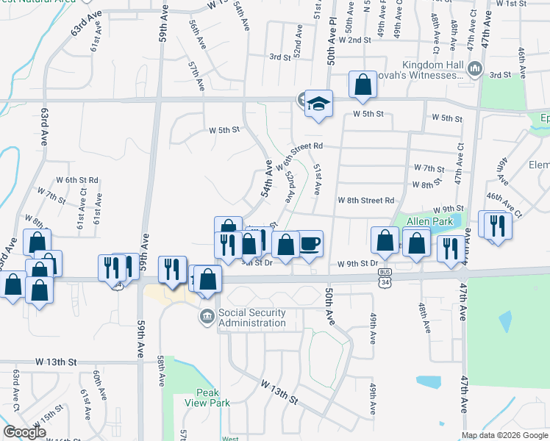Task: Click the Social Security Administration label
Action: [251, 318]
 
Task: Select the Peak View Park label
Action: [213, 398]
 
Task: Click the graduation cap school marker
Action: [319, 104]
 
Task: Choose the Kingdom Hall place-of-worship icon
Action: [474, 69]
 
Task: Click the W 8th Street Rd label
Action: [366, 200]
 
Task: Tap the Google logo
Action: [25, 432]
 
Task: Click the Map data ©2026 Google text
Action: [504, 435]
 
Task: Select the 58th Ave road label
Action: [160, 367]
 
